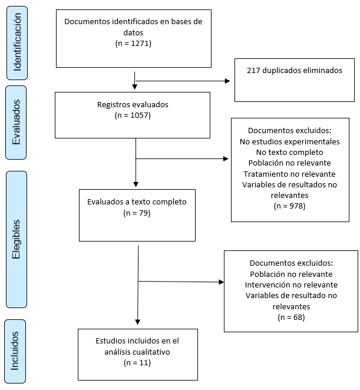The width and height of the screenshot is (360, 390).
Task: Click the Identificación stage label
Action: tap(17, 43)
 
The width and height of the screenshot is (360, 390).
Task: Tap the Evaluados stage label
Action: tap(16, 122)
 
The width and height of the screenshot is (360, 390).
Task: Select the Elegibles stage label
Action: tap(16, 239)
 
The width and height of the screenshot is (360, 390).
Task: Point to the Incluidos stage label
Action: tap(15, 351)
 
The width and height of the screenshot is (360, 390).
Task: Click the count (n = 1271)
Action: tap(133, 43)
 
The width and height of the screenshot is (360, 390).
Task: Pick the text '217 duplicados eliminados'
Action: tap(295, 70)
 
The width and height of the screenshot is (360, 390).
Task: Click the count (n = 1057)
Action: tap(133, 115)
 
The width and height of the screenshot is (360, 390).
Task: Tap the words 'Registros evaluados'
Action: tap(133, 104)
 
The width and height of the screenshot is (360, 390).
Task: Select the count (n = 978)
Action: tap(289, 206)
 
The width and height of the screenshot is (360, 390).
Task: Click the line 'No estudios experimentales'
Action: tap(290, 141)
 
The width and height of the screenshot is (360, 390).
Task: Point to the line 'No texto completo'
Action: tap(290, 152)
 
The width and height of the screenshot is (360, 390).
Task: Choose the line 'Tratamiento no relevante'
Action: tap(290, 174)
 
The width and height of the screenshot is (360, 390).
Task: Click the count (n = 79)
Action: tap(137, 213)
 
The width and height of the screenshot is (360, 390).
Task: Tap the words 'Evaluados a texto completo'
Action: tap(137, 201)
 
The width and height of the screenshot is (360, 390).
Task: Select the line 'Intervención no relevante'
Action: tap(291, 285)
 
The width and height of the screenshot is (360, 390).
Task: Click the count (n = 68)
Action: tap(291, 317)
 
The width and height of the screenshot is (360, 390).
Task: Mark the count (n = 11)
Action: tap(137, 363)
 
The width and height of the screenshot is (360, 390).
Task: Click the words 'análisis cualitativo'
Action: tap(137, 352)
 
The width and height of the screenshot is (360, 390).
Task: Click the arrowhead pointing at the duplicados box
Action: tap(227, 81)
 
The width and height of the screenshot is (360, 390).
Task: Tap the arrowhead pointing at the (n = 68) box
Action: tap(221, 282)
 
